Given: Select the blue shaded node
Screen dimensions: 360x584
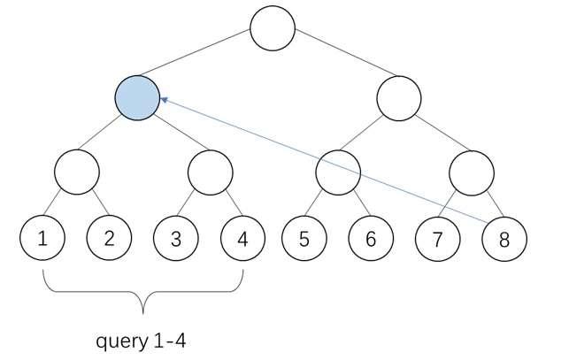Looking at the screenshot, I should [x=137, y=97].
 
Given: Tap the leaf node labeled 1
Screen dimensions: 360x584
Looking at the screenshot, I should [x=42, y=237].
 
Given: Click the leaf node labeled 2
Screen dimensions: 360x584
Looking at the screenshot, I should [x=108, y=237].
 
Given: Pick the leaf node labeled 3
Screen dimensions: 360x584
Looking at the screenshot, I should [x=175, y=237].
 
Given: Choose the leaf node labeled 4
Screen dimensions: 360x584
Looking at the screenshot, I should [x=242, y=237].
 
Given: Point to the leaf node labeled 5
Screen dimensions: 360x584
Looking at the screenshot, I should [x=304, y=237].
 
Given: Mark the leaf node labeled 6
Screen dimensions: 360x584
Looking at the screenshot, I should [x=370, y=237].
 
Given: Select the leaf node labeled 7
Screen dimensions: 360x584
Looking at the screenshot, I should [x=437, y=237].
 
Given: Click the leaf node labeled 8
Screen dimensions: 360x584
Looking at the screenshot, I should [x=503, y=237].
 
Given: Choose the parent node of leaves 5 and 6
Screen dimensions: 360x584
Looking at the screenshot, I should [x=337, y=168].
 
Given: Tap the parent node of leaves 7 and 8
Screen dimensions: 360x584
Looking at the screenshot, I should [x=470, y=168].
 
